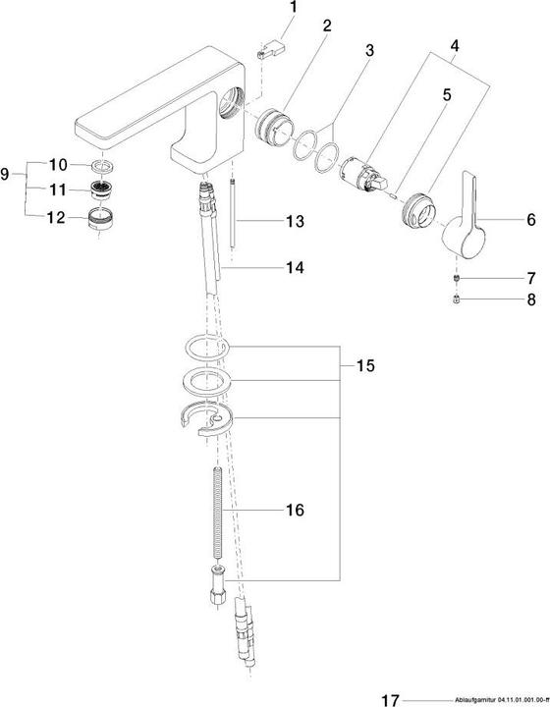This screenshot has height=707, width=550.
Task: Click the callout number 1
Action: point(292,9)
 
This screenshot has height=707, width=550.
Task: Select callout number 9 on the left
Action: point(9,174)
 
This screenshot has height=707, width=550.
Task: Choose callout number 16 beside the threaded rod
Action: point(293,511)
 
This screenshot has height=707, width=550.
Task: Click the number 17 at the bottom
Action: point(390,699)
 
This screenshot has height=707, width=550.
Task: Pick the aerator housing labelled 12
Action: point(99,217)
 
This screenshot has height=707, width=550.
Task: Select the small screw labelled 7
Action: point(456,279)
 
